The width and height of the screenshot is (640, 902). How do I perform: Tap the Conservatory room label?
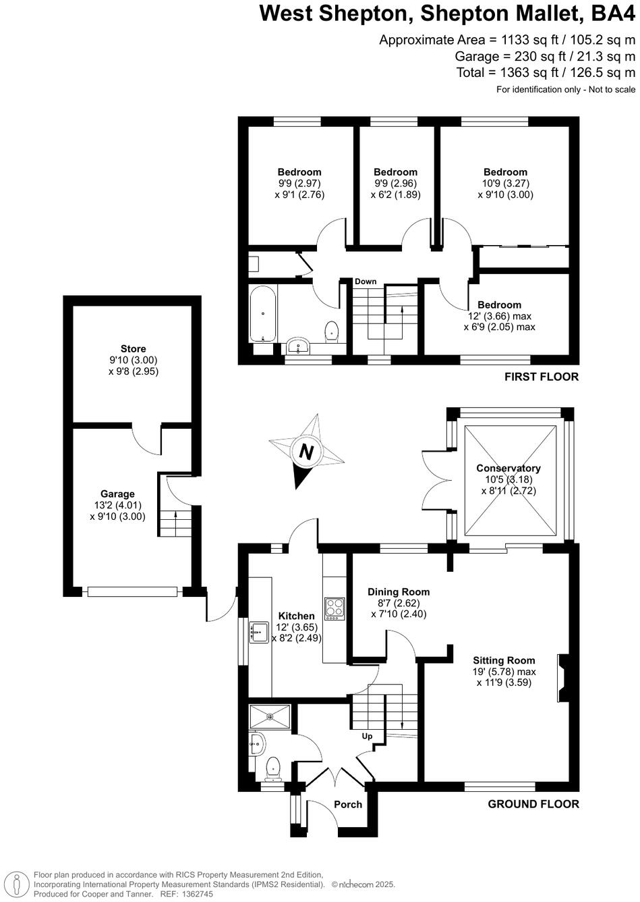pyautogui.click(x=508, y=469)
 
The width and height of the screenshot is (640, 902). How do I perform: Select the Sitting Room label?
pyautogui.click(x=504, y=660)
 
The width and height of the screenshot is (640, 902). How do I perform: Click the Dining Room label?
pyautogui.click(x=399, y=591)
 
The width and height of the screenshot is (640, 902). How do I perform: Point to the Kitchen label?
pyautogui.click(x=297, y=616)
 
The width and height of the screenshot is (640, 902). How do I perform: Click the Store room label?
pyautogui.click(x=133, y=349)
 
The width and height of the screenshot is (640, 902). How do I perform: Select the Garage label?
pyautogui.click(x=117, y=494)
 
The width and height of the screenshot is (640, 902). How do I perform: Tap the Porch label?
pyautogui.click(x=348, y=804)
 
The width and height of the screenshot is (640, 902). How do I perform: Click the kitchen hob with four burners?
pyautogui.click(x=335, y=608)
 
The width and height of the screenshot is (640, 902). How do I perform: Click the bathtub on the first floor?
pyautogui.click(x=262, y=314)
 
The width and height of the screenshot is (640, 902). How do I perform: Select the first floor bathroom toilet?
pyautogui.click(x=331, y=331)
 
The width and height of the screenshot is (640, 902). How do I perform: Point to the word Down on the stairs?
pyautogui.click(x=366, y=282)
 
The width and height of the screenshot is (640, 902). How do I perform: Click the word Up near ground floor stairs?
pyautogui.click(x=368, y=736)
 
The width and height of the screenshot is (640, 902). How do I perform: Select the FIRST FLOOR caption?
pyautogui.click(x=542, y=377)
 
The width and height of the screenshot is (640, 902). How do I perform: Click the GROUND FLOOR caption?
pyautogui.click(x=533, y=804)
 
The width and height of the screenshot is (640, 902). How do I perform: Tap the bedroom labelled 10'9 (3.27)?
pyautogui.click(x=505, y=172)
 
